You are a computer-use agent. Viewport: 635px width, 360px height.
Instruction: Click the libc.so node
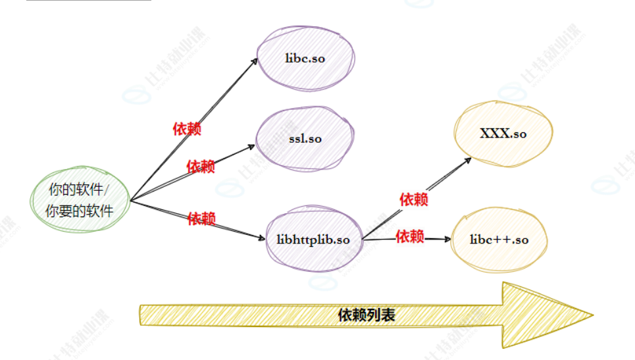tap(305, 58)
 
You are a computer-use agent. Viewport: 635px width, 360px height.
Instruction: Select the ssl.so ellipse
tap(305, 139)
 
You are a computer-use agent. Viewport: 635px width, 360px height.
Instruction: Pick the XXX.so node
tap(503, 134)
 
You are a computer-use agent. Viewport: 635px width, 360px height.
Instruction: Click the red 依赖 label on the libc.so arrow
tap(187, 128)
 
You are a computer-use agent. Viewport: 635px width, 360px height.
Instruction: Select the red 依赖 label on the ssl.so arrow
tap(201, 167)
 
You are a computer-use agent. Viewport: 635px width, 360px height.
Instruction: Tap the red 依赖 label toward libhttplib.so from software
tap(201, 219)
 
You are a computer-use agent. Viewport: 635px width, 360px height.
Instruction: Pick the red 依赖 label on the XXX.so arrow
tap(414, 199)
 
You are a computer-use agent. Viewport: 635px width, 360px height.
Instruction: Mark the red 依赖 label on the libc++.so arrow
tap(409, 236)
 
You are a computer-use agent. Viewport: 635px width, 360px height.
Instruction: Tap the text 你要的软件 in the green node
tap(79, 211)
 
